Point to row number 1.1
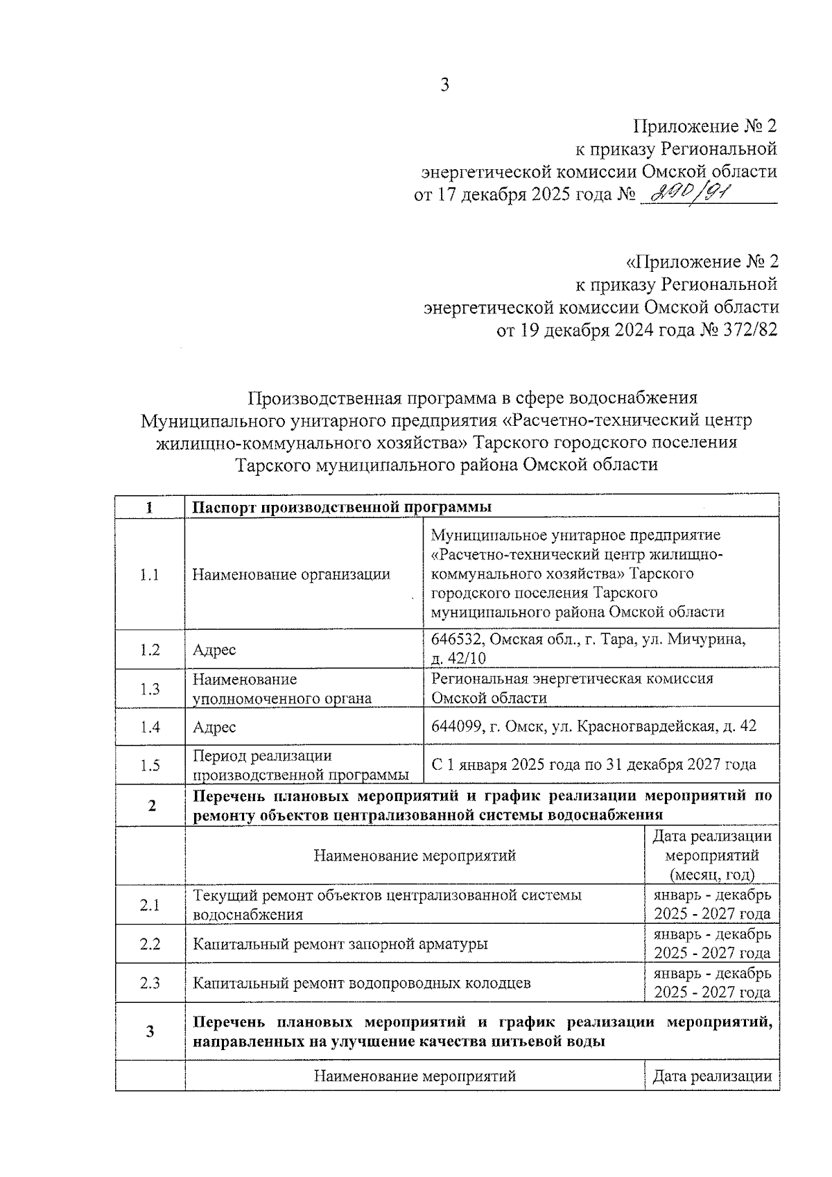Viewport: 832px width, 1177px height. (x=149, y=574)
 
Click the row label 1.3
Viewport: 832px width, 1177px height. (x=149, y=688)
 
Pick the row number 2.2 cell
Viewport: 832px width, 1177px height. (x=149, y=943)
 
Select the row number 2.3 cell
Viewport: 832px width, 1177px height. (x=149, y=983)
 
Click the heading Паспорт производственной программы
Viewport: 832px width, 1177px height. (x=342, y=507)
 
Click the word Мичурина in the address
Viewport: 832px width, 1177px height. (x=712, y=639)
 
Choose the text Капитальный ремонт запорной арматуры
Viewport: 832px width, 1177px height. (x=340, y=943)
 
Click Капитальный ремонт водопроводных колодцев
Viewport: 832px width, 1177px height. (x=361, y=983)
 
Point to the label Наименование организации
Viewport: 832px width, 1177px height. (x=291, y=574)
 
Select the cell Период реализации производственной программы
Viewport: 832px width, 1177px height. (x=300, y=764)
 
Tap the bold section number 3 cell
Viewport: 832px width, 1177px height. (x=150, y=1031)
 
